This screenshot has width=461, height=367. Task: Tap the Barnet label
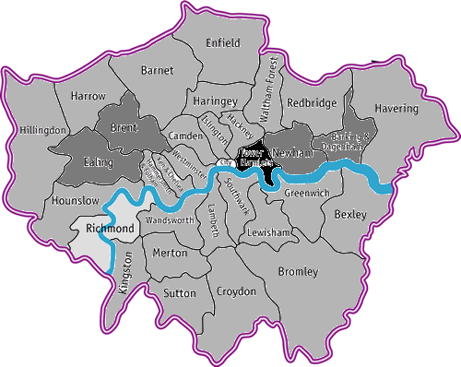pos(157,70)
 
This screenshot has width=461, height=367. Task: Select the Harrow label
pos(88,96)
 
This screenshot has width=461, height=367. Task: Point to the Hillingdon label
pos(42,131)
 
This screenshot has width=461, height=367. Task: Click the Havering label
pos(396,109)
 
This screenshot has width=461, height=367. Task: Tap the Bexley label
pos(350,215)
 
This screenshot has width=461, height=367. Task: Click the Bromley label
pos(297,272)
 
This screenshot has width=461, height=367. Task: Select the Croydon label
pos(236,291)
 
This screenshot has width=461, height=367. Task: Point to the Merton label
pos(170,252)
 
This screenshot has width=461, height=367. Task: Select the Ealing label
pos(98,162)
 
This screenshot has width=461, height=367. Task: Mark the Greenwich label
pos(304,195)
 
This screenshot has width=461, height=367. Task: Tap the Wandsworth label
pos(167,221)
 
